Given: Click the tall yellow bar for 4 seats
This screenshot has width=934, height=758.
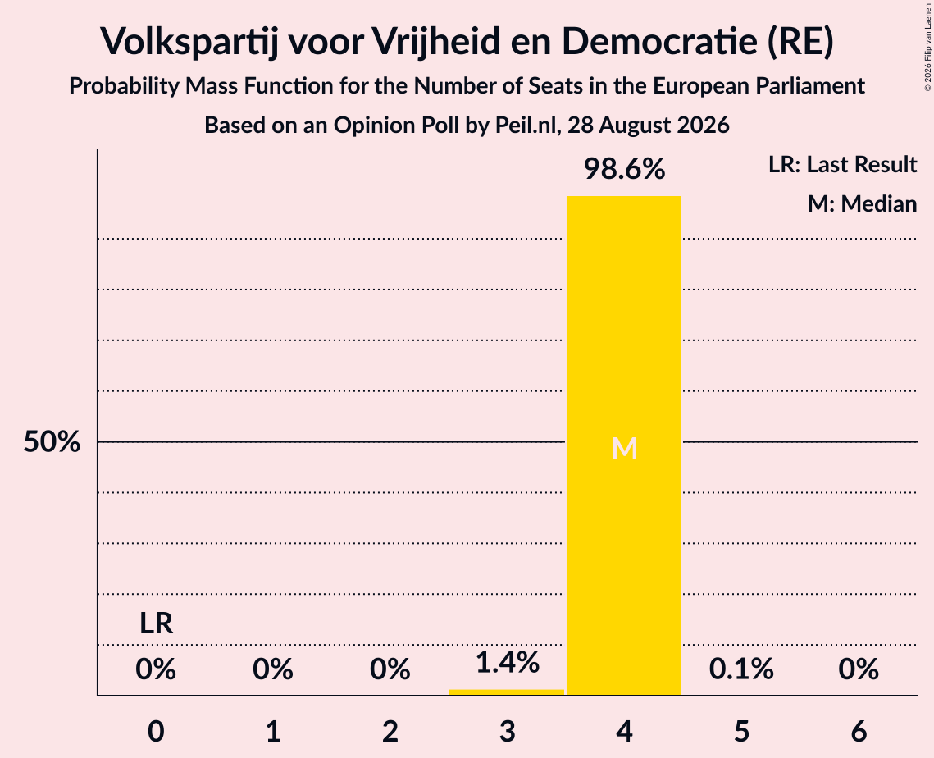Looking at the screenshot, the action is pyautogui.click(x=624, y=445).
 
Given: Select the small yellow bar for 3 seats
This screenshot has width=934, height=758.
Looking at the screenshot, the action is pyautogui.click(x=506, y=692).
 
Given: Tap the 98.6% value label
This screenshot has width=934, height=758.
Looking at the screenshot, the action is pyautogui.click(x=624, y=169).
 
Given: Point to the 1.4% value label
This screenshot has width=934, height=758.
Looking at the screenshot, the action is pyautogui.click(x=508, y=662).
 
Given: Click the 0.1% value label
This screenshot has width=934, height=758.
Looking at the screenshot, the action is pyautogui.click(x=741, y=669).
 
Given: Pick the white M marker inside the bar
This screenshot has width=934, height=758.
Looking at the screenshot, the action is pyautogui.click(x=624, y=448).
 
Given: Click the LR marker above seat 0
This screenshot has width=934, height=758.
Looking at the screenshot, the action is pyautogui.click(x=156, y=623).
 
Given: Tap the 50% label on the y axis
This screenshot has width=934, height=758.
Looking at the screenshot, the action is pyautogui.click(x=52, y=441).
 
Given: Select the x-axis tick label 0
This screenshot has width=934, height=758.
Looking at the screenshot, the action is pyautogui.click(x=156, y=731).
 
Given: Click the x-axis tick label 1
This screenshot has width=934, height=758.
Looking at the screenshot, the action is pyautogui.click(x=273, y=731).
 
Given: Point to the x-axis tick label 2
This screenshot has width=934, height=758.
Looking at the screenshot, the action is pyautogui.click(x=390, y=731).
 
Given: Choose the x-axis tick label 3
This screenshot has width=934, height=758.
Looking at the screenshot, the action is pyautogui.click(x=507, y=731).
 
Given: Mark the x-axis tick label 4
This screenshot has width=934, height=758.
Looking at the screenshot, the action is pyautogui.click(x=624, y=731).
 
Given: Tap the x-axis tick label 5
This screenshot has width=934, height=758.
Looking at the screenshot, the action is pyautogui.click(x=741, y=731).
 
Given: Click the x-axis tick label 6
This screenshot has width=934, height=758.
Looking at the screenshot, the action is pyautogui.click(x=859, y=731).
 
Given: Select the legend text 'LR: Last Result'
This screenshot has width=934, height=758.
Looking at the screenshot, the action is pyautogui.click(x=842, y=164).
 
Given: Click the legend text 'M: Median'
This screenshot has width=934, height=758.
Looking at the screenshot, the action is pyautogui.click(x=862, y=203).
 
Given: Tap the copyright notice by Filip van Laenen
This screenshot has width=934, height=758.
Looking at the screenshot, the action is pyautogui.click(x=927, y=47).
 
